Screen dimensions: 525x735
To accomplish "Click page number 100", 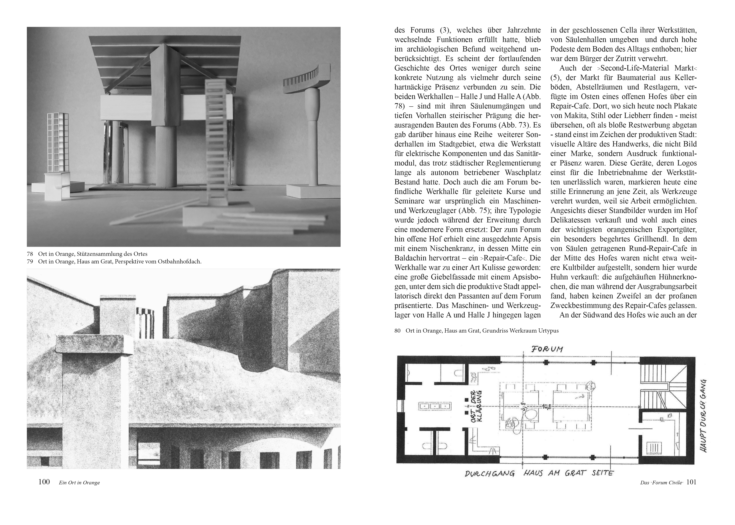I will click(44, 482).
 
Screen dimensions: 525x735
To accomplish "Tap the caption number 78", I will click(30, 254).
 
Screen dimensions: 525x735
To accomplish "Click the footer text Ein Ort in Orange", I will click(79, 483).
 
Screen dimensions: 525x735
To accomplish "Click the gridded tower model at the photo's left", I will click(58, 142).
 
